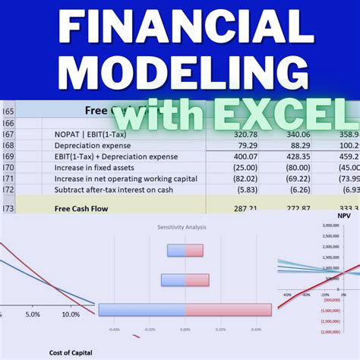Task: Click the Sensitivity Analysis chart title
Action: pyautogui.click(x=185, y=227)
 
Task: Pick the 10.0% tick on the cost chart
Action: pyautogui.click(x=70, y=314)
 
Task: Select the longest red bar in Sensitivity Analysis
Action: pyautogui.click(x=228, y=309)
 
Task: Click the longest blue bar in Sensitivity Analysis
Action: pyautogui.click(x=142, y=309)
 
